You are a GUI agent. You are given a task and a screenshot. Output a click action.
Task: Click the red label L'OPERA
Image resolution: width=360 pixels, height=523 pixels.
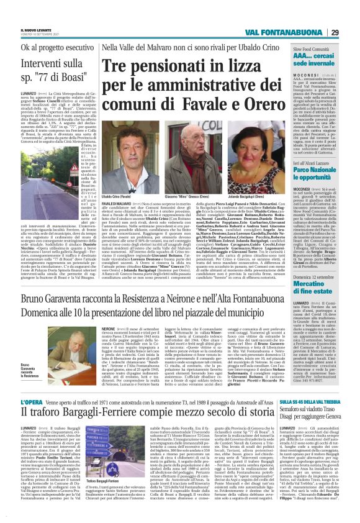click(x=33, y=402)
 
